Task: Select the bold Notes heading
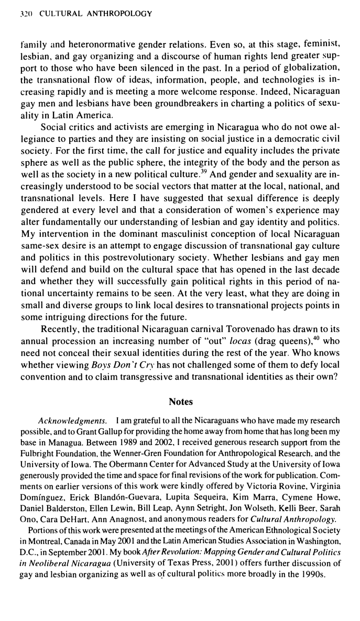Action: tap(181, 402)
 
